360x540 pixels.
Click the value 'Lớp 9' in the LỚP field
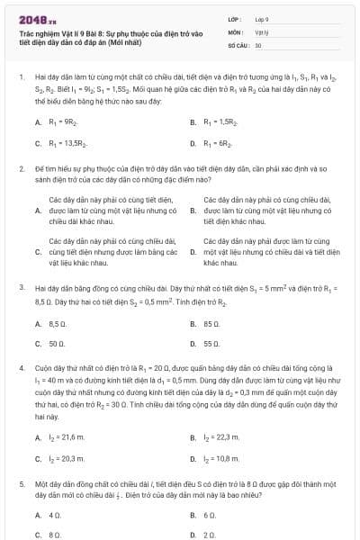tap(263, 18)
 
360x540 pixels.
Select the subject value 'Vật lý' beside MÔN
tap(261, 31)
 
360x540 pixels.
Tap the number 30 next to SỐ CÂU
tap(258, 43)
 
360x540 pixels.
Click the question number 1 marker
tap(21, 78)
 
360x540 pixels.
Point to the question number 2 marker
tap(21, 168)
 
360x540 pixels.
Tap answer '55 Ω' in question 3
tap(211, 344)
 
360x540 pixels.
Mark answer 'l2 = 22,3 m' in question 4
tap(221, 437)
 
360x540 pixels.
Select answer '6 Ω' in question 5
tap(210, 515)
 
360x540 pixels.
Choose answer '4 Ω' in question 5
tap(54, 515)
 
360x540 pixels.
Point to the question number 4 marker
tap(21, 369)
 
